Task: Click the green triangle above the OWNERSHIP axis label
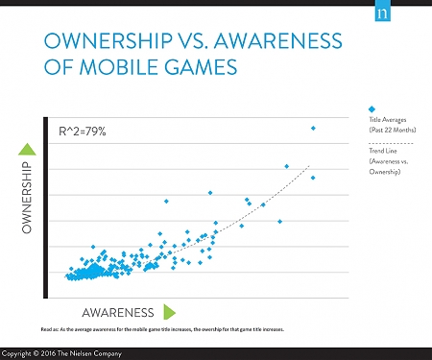pyautogui.click(x=27, y=149)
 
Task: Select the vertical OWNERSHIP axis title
pyautogui.click(x=27, y=198)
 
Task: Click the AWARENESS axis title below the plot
pyautogui.click(x=119, y=312)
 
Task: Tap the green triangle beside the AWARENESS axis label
pyautogui.click(x=169, y=311)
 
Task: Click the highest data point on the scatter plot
pyautogui.click(x=313, y=128)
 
